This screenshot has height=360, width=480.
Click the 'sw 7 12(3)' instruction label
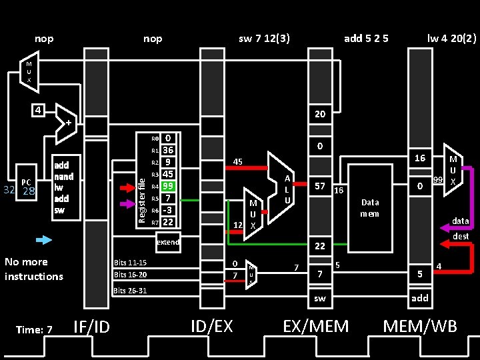(264, 39)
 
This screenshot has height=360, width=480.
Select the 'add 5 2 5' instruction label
(366, 39)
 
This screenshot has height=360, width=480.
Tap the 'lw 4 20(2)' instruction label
(452, 39)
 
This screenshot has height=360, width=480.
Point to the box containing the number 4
(40, 110)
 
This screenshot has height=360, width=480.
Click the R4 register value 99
(169, 187)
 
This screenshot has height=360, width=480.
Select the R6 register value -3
(169, 211)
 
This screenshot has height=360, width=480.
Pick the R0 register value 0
(169, 139)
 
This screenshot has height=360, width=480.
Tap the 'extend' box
(168, 242)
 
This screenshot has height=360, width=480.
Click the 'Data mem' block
(369, 208)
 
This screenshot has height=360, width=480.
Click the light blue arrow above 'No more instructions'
(43, 239)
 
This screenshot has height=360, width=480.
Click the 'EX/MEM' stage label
(316, 326)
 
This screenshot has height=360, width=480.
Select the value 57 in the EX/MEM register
(320, 186)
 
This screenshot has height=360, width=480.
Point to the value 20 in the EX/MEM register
(320, 114)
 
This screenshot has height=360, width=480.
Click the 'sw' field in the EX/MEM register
(320, 298)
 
